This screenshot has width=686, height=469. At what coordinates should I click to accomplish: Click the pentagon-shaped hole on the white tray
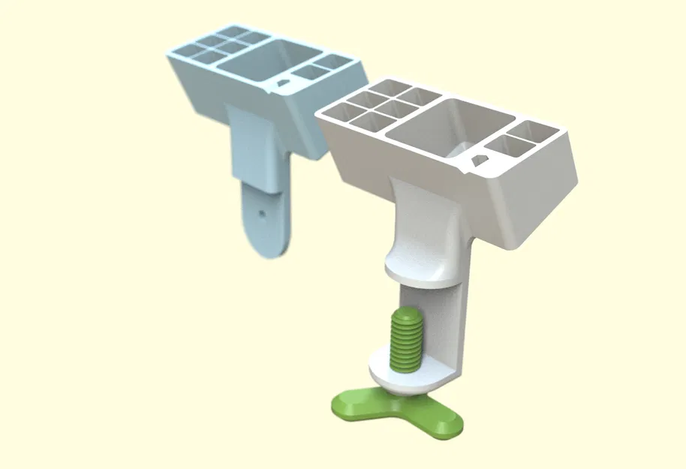[x=475, y=159]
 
